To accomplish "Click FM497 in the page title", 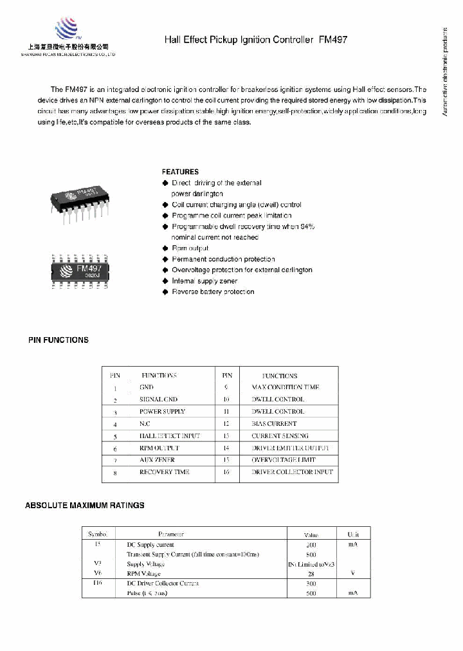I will coord(332,40).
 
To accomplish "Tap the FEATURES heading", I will coord(180,172).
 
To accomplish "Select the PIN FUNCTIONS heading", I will coord(59,340).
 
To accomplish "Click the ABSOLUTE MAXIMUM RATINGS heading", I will coord(84,505).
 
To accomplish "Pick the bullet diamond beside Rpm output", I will coord(165,248).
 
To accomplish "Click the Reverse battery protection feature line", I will coord(212,292).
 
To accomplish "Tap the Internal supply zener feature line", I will coord(204,281).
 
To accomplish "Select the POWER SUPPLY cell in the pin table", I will coord(162,412).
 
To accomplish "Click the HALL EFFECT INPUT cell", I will coord(169,436).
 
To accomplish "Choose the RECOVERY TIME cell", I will coord(164,472).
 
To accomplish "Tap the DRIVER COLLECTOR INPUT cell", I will coord(292,472).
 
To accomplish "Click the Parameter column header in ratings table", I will coord(171,534).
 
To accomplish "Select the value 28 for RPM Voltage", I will coord(311,574).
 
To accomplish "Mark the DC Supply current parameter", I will coord(150,545).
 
